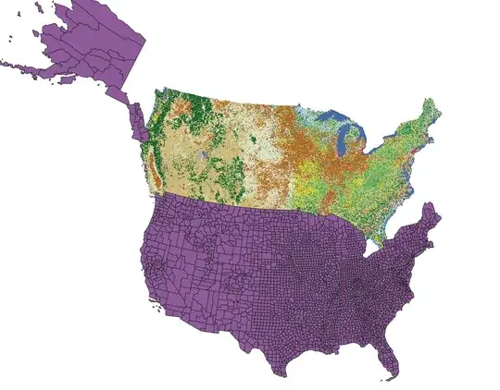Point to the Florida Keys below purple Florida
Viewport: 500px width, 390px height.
(x=385, y=378)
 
